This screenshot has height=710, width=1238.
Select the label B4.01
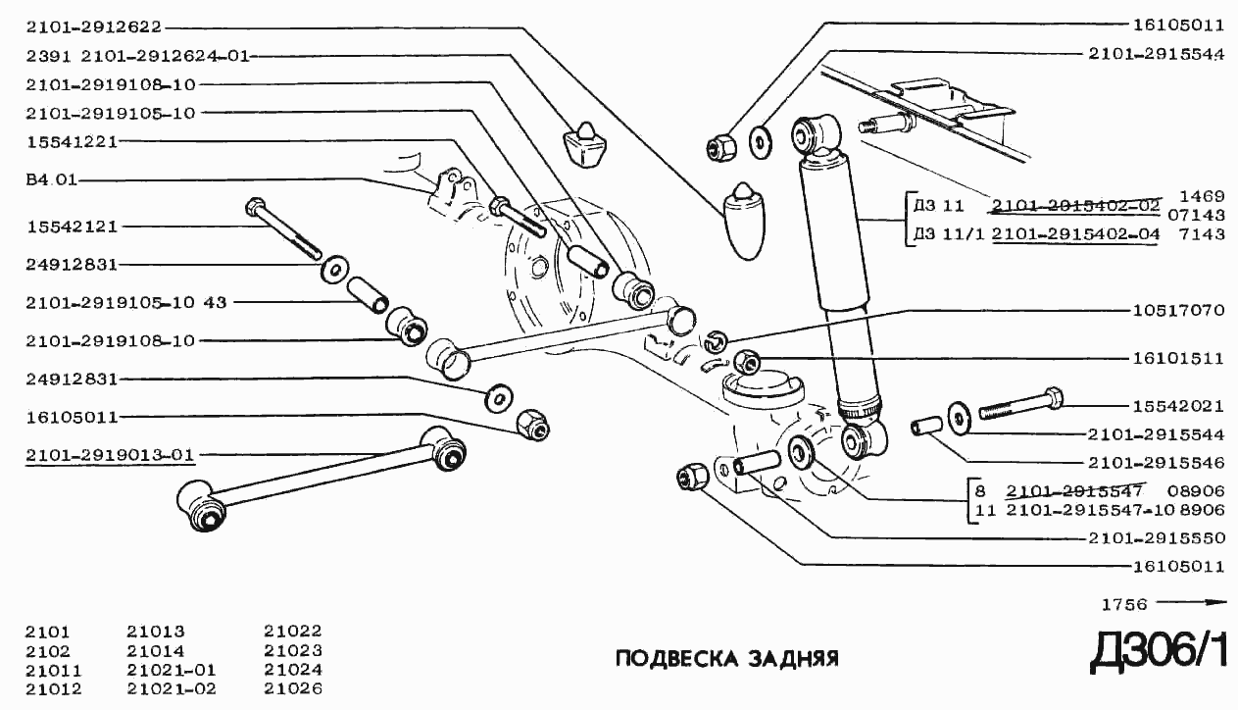tap(52, 180)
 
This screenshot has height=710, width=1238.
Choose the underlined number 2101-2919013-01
tap(110, 455)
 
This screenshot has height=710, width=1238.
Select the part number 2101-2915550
tap(1157, 537)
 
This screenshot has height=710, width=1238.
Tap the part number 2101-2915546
tap(1157, 461)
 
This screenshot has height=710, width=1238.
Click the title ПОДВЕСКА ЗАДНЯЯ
tap(726, 657)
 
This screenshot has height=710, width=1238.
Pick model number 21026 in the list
tap(292, 688)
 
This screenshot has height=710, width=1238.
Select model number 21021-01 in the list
tap(171, 670)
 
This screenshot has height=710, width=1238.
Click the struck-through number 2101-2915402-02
tap(1075, 206)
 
